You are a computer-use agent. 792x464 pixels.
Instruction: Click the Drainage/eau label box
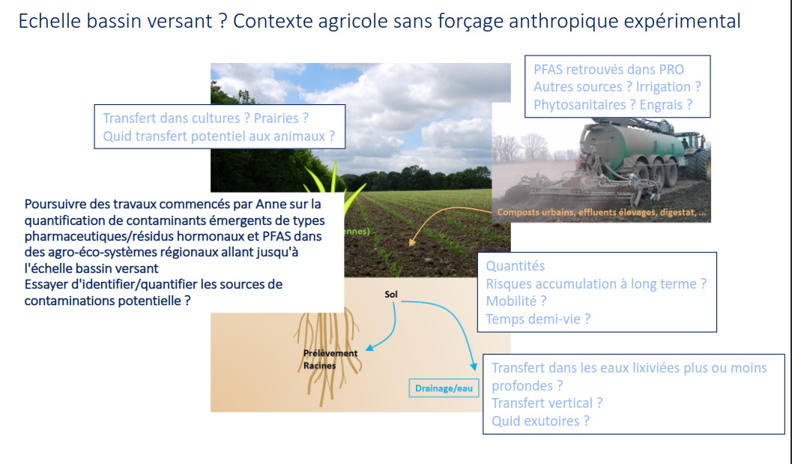(444, 388)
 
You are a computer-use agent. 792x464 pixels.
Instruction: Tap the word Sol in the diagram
(391, 294)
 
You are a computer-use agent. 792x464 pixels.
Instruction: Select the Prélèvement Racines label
(330, 359)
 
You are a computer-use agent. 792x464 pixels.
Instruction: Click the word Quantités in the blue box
(516, 266)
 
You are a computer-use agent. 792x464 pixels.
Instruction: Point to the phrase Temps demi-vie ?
(538, 319)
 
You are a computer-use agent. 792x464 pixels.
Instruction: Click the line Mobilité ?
(516, 301)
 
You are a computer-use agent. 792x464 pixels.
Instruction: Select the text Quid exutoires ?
(540, 421)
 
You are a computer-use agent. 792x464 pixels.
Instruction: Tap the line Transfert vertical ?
(547, 403)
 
